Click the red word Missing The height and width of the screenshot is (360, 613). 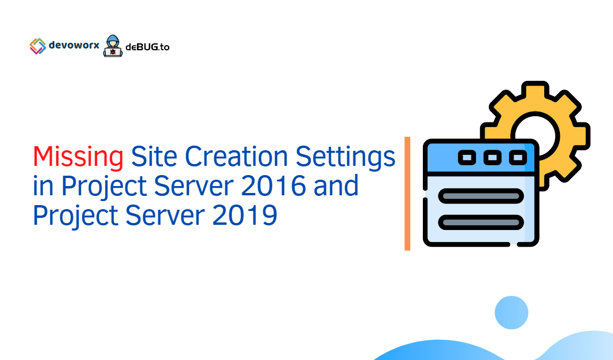[x=78, y=157]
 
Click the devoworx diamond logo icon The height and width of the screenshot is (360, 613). [x=38, y=46]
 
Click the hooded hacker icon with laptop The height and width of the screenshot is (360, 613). [x=113, y=46]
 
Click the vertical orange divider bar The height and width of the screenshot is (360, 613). [x=407, y=194]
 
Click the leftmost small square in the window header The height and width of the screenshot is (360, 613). [x=466, y=157]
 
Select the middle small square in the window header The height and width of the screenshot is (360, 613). [x=492, y=157]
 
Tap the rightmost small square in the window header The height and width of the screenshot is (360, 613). [x=518, y=157]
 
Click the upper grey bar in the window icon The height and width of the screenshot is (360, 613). [x=481, y=196]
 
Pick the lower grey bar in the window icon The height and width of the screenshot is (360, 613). [x=481, y=222]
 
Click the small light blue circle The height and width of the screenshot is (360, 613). [x=511, y=313]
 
